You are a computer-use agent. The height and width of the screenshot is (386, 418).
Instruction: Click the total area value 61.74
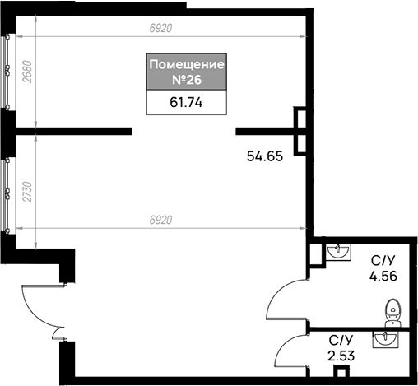[x=186, y=102]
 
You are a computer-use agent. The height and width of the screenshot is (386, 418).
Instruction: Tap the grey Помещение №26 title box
[x=187, y=72]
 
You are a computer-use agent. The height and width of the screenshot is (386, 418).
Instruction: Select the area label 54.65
[x=265, y=156]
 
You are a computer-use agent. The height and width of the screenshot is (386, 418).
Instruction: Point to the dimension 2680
[x=28, y=72]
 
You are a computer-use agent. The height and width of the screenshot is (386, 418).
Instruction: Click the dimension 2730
[x=27, y=192]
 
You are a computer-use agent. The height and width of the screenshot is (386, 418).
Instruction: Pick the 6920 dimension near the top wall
[x=161, y=28]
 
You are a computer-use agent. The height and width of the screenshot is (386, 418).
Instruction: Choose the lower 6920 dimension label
[x=161, y=220]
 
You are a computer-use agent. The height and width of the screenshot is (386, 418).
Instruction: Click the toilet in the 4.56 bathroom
[x=393, y=313]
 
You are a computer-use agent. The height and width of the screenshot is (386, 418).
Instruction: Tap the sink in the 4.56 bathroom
[x=338, y=252]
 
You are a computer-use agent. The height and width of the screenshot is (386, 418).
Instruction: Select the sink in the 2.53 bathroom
[x=385, y=339]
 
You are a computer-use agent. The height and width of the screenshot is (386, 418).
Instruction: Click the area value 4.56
[x=383, y=276]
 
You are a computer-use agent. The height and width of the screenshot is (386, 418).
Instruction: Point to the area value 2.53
[x=341, y=356]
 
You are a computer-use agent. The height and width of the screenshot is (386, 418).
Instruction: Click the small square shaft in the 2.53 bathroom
[x=341, y=372]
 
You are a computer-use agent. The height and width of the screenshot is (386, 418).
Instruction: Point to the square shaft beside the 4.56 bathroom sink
[x=315, y=254]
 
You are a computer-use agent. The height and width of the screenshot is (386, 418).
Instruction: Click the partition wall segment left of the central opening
[x=74, y=131]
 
